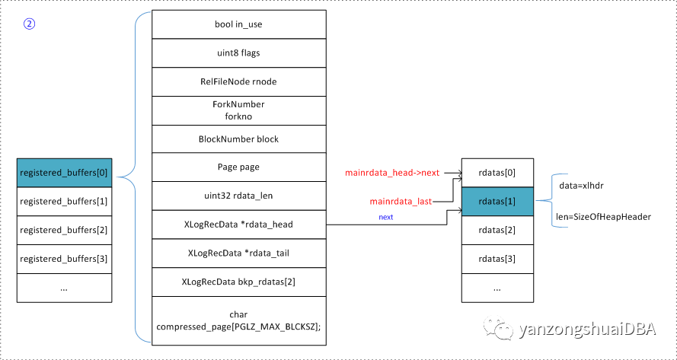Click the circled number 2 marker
coord(29,24)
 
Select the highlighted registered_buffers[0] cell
coord(64,173)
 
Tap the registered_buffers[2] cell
coord(64,230)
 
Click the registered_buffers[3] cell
coord(64,259)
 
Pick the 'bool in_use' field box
coord(238,24)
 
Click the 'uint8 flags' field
coord(238,53)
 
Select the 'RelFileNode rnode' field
coord(238,81)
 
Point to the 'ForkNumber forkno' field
coord(238,110)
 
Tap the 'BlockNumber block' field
coord(238,139)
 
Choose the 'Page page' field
coord(238,167)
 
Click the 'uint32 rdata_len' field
coord(238,196)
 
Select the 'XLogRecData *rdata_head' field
coord(238,225)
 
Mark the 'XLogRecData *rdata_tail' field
coord(238,253)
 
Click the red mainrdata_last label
coord(401,202)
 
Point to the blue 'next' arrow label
coord(386,217)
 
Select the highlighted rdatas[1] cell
coord(497,202)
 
